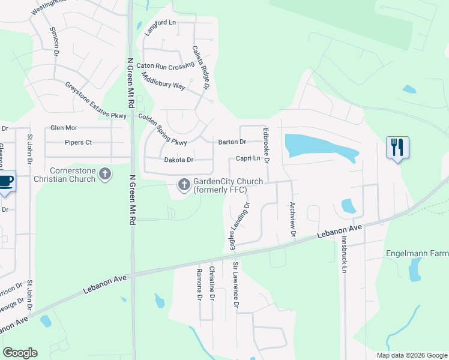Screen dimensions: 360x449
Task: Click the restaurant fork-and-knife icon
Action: pos(397,147)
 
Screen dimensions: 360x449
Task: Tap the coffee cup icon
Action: pos(5,181)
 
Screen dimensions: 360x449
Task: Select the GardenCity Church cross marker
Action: pos(184,185)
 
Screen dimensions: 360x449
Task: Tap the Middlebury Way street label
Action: pos(163,82)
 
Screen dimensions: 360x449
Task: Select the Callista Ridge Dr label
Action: pos(200,68)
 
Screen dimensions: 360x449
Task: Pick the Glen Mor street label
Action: pos(64,128)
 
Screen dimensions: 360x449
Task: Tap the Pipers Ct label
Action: pos(78,143)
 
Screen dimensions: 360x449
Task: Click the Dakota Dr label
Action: pos(179,160)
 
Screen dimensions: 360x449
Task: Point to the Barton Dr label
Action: pos(232,142)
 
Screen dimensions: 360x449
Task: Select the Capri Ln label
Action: pos(248,158)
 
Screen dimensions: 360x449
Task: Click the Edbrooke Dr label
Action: pos(265,145)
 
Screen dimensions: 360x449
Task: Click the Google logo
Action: pos(20,353)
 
